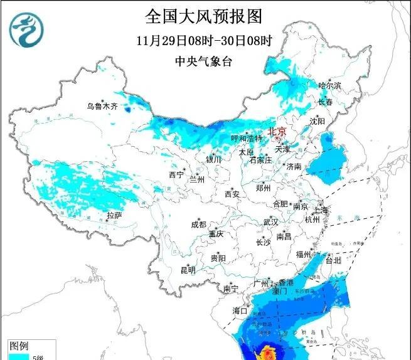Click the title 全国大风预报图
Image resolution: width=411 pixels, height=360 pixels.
[x=204, y=16]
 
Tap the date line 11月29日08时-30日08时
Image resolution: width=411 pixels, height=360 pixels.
[x=204, y=41]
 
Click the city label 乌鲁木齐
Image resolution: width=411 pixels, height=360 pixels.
[x=102, y=107]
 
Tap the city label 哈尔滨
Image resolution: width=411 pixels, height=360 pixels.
[x=329, y=85]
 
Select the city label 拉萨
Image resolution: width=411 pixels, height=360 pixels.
[x=114, y=215]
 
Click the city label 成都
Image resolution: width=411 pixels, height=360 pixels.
[x=198, y=224]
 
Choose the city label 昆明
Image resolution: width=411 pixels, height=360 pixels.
[x=188, y=270]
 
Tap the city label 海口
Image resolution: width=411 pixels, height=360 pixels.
[x=240, y=310]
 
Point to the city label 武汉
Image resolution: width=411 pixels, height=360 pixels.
[x=270, y=222]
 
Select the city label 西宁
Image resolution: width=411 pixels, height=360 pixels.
[x=176, y=174]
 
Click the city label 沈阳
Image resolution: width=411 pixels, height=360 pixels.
[x=318, y=120]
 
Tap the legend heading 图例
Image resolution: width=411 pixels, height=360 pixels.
[x=19, y=346]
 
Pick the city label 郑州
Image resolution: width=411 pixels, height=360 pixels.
[x=263, y=188]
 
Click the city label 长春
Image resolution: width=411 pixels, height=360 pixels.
[x=325, y=102]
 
